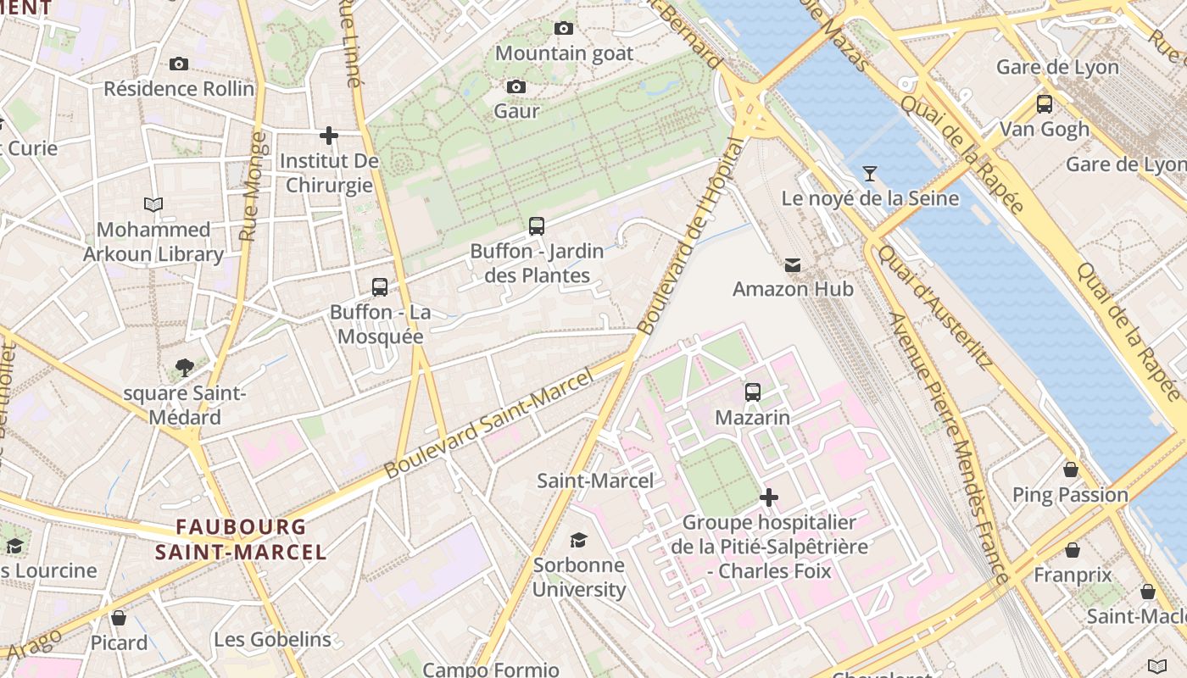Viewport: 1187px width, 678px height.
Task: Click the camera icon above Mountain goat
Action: click(564, 29)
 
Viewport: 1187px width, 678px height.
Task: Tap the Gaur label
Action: click(516, 111)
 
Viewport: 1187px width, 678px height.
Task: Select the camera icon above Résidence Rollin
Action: click(179, 64)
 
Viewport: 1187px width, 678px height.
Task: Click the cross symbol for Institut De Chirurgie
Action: click(329, 135)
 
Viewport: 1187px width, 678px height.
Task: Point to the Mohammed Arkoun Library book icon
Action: click(153, 204)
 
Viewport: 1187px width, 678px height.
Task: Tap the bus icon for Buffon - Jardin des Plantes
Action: click(537, 226)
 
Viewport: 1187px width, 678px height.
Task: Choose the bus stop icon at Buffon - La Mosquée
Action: click(380, 287)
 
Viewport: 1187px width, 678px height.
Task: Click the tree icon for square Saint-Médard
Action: click(184, 368)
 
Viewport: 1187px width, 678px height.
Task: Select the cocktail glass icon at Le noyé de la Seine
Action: click(870, 174)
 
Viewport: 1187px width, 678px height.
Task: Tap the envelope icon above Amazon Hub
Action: click(793, 265)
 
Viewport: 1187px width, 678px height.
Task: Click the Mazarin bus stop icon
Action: click(753, 392)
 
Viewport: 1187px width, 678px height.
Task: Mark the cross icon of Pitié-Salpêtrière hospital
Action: click(769, 497)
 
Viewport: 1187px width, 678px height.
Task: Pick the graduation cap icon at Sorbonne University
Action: click(578, 540)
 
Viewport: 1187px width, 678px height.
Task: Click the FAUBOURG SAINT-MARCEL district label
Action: click(241, 539)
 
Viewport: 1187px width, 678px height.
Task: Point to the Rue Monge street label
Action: click(249, 186)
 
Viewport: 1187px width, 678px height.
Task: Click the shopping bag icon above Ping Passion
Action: click(1071, 470)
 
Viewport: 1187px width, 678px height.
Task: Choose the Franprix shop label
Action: click(1073, 575)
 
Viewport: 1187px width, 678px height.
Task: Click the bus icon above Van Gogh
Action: click(1045, 104)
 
